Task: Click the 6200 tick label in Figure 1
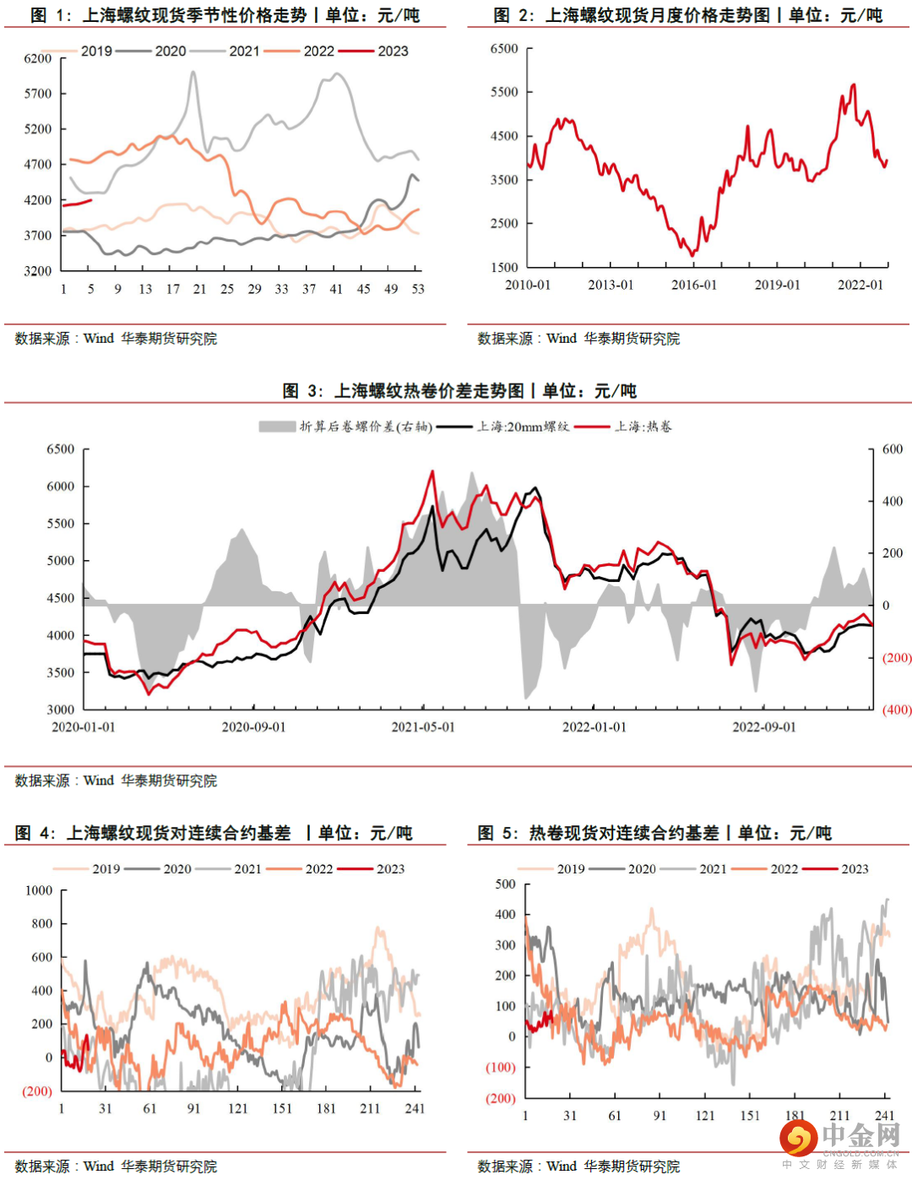point(38,58)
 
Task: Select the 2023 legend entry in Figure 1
point(393,52)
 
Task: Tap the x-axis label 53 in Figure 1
point(418,289)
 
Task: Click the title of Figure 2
point(687,15)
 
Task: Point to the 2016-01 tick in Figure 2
point(694,285)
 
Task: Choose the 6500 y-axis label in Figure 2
point(504,49)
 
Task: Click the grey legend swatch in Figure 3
point(277,427)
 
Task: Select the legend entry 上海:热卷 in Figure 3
point(643,427)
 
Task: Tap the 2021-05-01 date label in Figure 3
point(423,727)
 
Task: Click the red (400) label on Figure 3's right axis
point(897,710)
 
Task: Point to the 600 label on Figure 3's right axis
point(893,449)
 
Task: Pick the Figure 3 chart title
point(459,391)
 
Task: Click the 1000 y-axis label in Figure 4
point(39,891)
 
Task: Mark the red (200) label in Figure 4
point(37,1091)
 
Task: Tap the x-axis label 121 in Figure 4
point(238,1109)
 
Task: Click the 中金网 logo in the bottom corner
point(841,1140)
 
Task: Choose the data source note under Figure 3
point(116,781)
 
